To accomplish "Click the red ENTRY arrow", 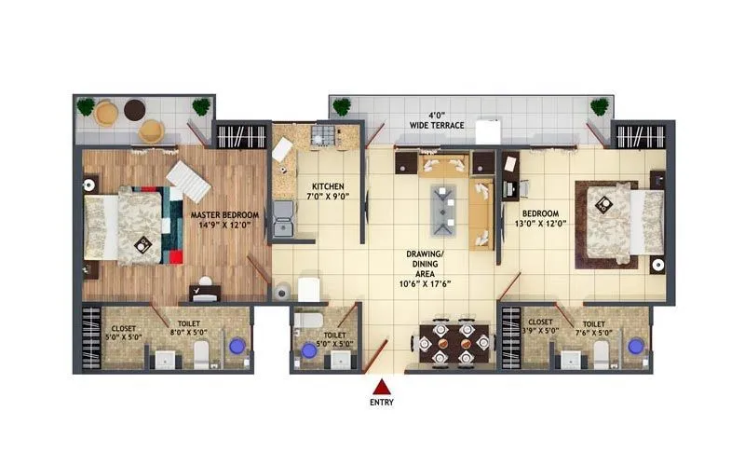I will tap(382, 386).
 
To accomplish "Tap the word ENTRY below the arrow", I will tap(382, 403).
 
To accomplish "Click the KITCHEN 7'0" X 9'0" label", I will tap(329, 192).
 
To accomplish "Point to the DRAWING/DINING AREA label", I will tap(429, 266).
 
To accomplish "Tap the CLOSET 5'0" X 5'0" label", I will tap(126, 332).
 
